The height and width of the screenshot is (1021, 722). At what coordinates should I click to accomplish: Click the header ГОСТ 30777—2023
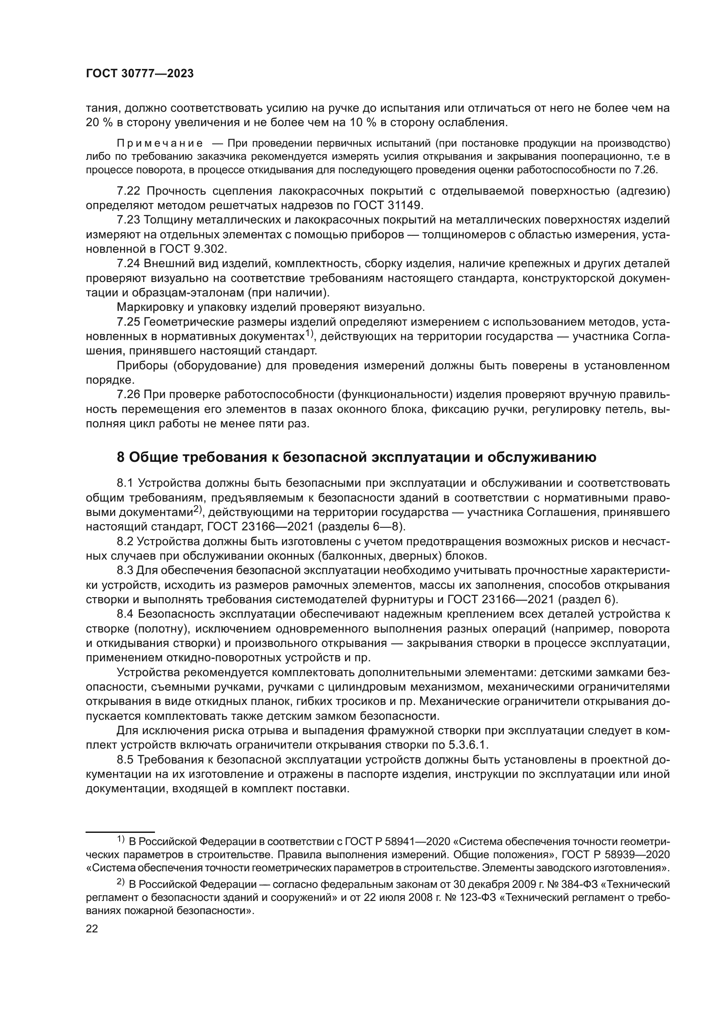pos(140,74)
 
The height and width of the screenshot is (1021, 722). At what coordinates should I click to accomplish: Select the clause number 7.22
pos(128,191)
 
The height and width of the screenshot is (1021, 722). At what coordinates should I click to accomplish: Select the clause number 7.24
pos(128,264)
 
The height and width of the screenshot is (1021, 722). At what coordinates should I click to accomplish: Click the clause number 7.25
pos(128,322)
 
